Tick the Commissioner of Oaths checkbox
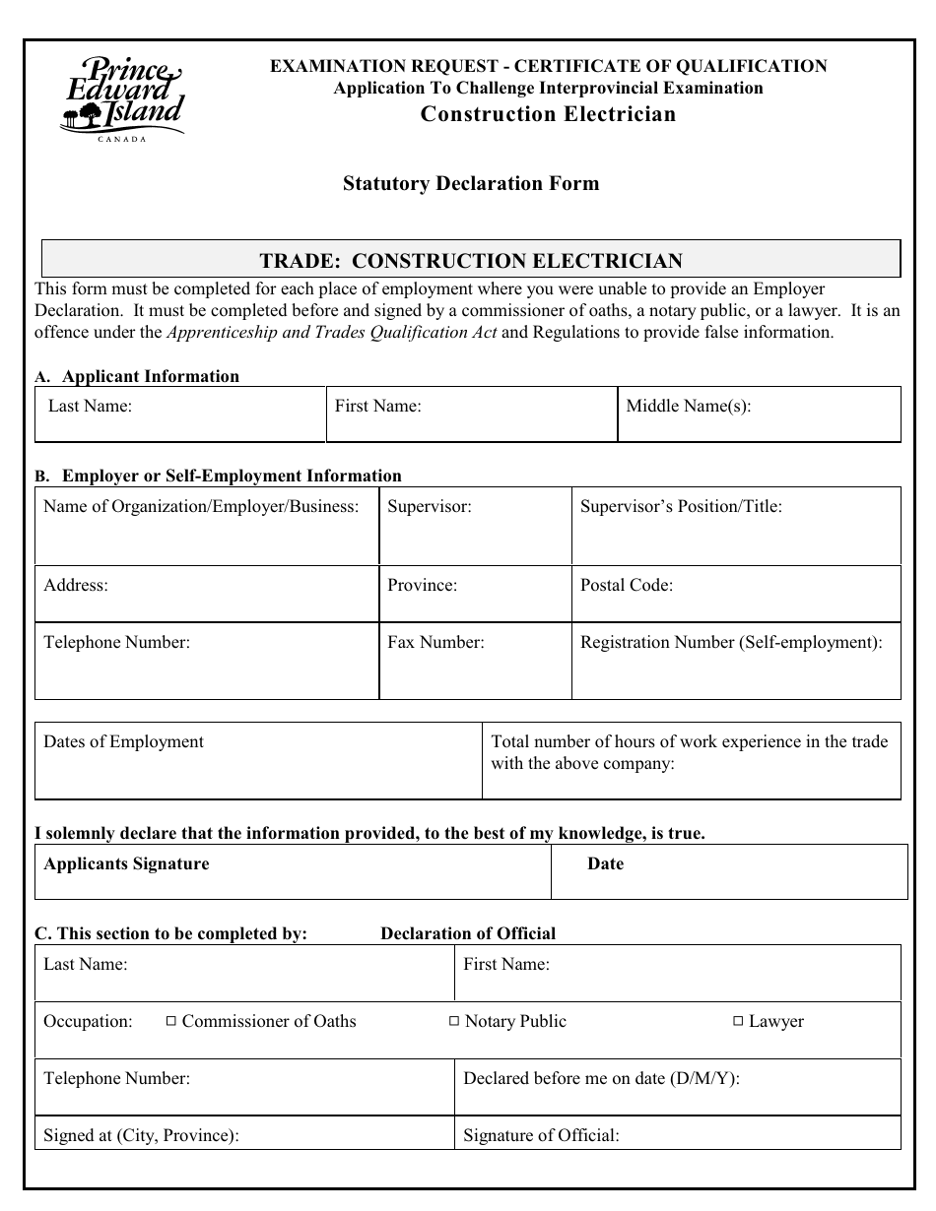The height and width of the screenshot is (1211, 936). tap(170, 1022)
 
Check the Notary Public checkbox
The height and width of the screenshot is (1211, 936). tap(454, 1022)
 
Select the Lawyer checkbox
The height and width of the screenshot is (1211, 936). tap(738, 1022)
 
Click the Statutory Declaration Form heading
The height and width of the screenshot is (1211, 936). tap(470, 184)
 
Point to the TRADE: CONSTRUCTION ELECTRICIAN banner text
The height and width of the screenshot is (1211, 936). tap(470, 261)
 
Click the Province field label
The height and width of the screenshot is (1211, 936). tap(422, 586)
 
